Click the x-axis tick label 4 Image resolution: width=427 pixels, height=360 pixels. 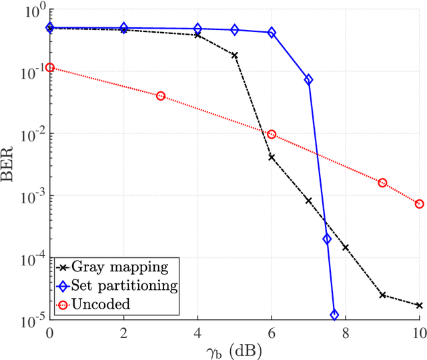click(197, 333)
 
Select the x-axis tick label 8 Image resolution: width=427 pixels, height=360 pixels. click(346, 333)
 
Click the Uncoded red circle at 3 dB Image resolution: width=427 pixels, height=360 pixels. click(160, 96)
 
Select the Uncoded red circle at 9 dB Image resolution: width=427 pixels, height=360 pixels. click(382, 183)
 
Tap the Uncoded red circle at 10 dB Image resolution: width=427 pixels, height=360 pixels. click(419, 204)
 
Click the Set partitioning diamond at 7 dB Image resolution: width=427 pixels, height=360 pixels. click(308, 79)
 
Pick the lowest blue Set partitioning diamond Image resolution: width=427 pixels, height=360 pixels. click(334, 314)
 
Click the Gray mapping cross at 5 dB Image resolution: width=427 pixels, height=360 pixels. click(235, 55)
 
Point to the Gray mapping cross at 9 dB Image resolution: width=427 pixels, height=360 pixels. click(382, 295)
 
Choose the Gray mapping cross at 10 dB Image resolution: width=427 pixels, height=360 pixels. click(419, 305)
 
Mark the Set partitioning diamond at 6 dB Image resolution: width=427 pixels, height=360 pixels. click(272, 33)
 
